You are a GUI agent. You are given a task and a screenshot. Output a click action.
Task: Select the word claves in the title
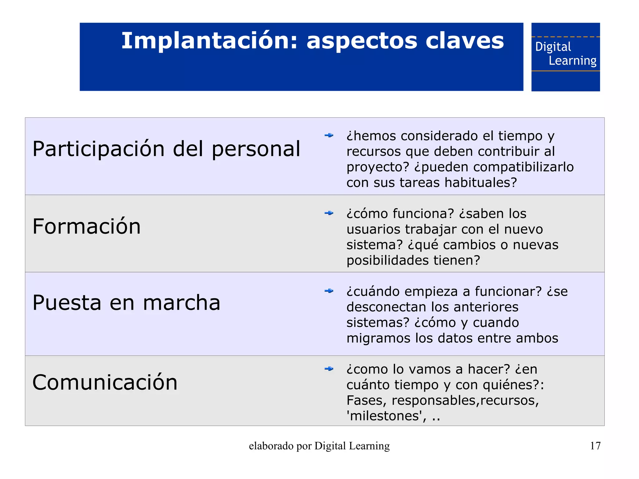click(465, 41)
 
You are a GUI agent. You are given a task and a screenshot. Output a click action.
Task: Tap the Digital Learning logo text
click(565, 54)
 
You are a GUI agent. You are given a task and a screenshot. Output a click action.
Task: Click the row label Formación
click(87, 226)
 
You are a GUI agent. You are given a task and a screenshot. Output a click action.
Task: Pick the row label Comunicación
click(105, 382)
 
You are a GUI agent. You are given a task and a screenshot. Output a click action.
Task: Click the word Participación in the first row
click(99, 149)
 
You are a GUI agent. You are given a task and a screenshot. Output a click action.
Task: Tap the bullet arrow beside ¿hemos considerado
click(329, 135)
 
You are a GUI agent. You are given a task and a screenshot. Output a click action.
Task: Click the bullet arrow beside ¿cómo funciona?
click(329, 213)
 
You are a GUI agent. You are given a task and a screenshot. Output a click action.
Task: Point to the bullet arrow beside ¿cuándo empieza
click(329, 291)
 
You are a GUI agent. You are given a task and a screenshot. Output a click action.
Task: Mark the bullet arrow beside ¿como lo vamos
click(329, 369)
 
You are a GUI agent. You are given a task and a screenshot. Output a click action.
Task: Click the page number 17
click(595, 446)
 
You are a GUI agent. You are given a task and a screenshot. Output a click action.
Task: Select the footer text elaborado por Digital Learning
click(319, 446)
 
